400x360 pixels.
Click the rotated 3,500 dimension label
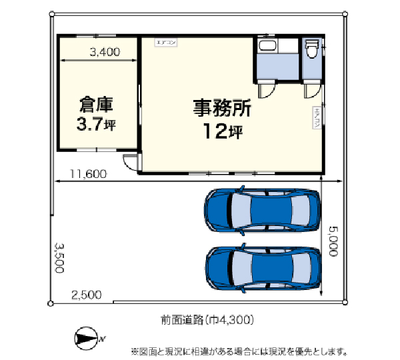[x=59, y=257]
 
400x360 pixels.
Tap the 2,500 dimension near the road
[x=87, y=294]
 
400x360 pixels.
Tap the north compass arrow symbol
[x=86, y=339]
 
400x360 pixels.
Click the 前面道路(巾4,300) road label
[x=207, y=320]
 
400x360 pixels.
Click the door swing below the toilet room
[x=311, y=91]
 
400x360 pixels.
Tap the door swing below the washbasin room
[x=267, y=91]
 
